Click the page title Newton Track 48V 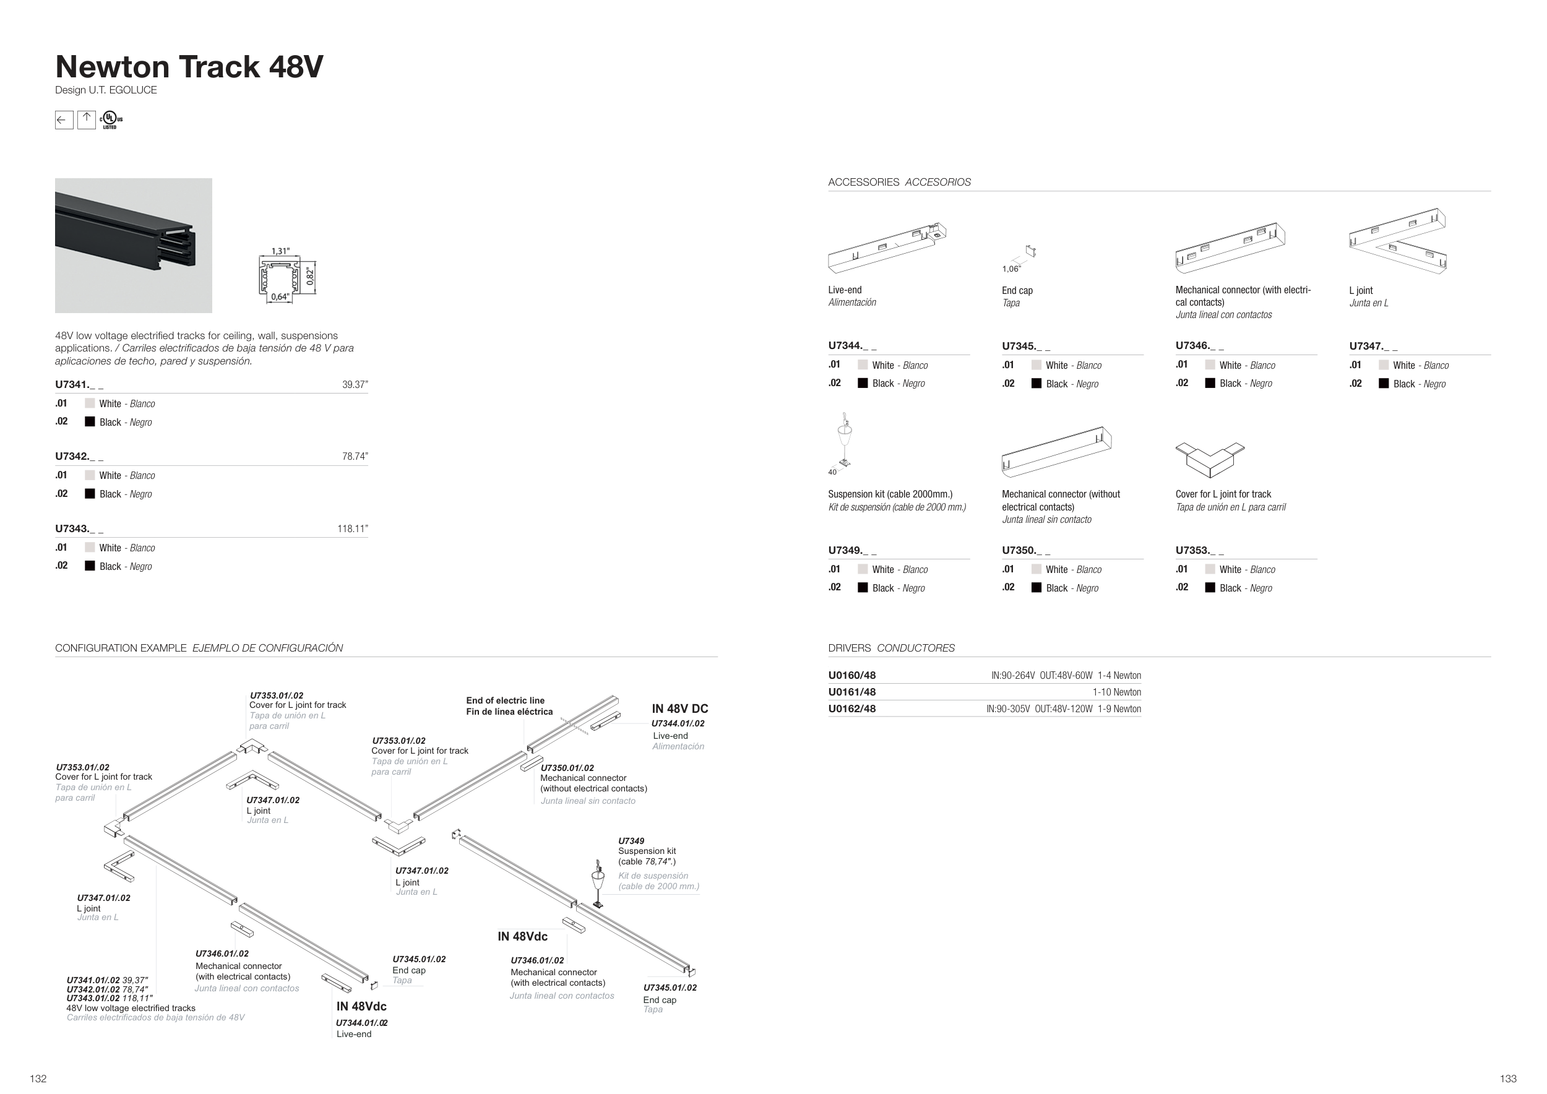[189, 67]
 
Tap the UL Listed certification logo [111, 121]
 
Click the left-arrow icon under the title [64, 121]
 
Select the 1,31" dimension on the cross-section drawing [280, 251]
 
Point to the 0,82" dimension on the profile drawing [310, 275]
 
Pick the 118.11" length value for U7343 [352, 529]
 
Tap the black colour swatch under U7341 [90, 422]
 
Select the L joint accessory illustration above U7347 [1398, 241]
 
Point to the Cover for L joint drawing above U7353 [1209, 459]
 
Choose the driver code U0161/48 [851, 692]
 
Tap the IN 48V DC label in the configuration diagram [679, 709]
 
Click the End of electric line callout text [509, 706]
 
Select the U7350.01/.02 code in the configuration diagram [567, 768]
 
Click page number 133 [1508, 1079]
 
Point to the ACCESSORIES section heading [863, 182]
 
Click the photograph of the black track [134, 245]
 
